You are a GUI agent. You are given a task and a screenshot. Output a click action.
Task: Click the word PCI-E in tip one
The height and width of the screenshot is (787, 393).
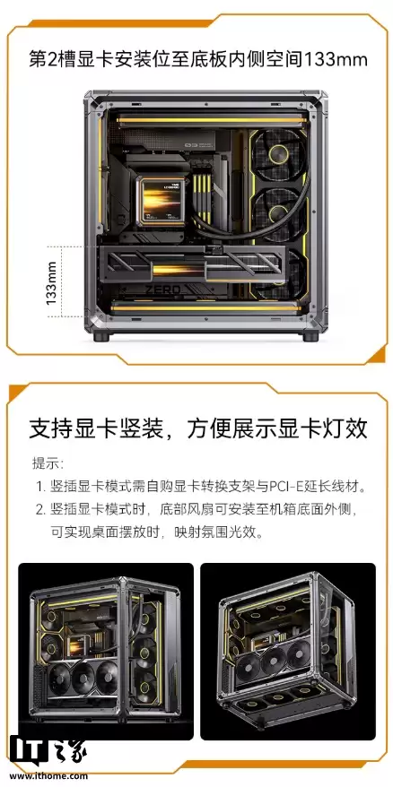[x=269, y=487]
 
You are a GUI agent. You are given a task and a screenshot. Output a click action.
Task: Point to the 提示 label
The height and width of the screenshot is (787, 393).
[x=46, y=463]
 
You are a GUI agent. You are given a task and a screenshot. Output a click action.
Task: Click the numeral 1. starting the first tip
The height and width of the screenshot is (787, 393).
[x=39, y=487]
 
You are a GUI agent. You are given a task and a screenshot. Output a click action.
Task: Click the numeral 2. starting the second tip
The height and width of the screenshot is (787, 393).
[x=39, y=509]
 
